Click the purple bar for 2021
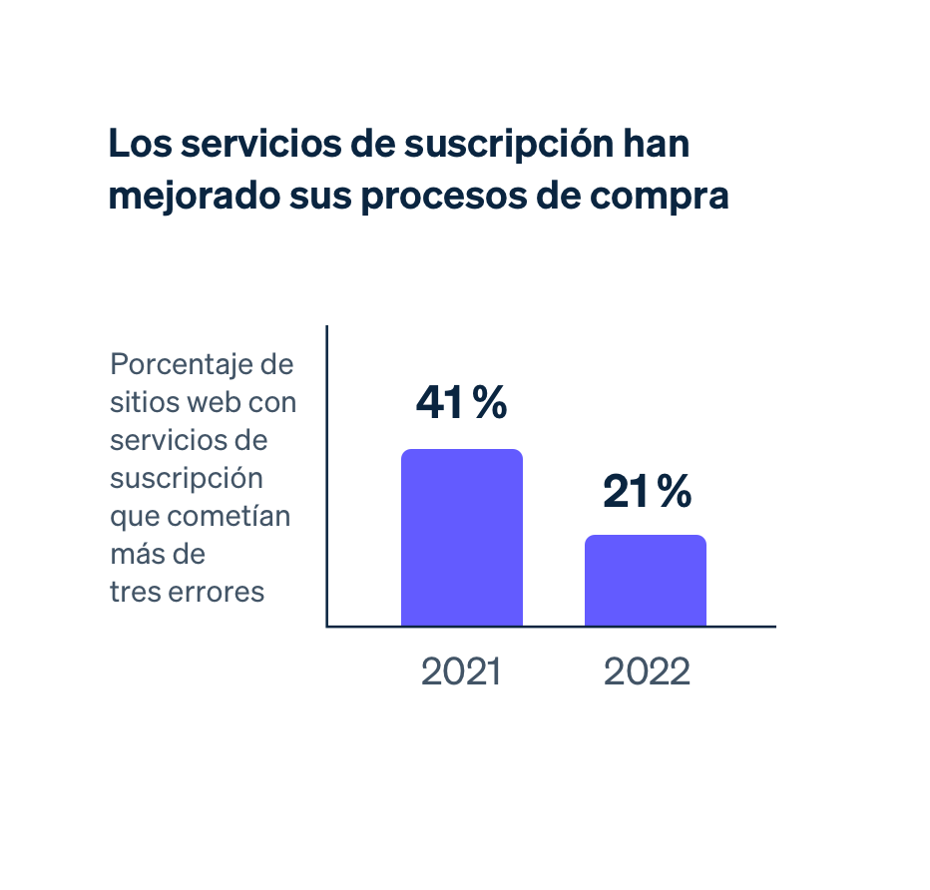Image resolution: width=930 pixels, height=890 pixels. coord(462,538)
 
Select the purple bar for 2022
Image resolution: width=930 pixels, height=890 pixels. coord(646,581)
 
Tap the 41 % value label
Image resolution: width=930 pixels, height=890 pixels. coord(461,402)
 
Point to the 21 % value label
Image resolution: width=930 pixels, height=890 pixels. coord(647,492)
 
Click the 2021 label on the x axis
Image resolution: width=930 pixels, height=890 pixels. coord(461,672)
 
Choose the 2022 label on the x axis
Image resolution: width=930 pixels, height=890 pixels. coord(647,672)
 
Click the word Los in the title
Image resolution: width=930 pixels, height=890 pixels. coord(135,145)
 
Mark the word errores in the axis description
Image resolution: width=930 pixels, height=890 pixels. coord(217,592)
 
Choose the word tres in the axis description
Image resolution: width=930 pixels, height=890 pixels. coord(135,592)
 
